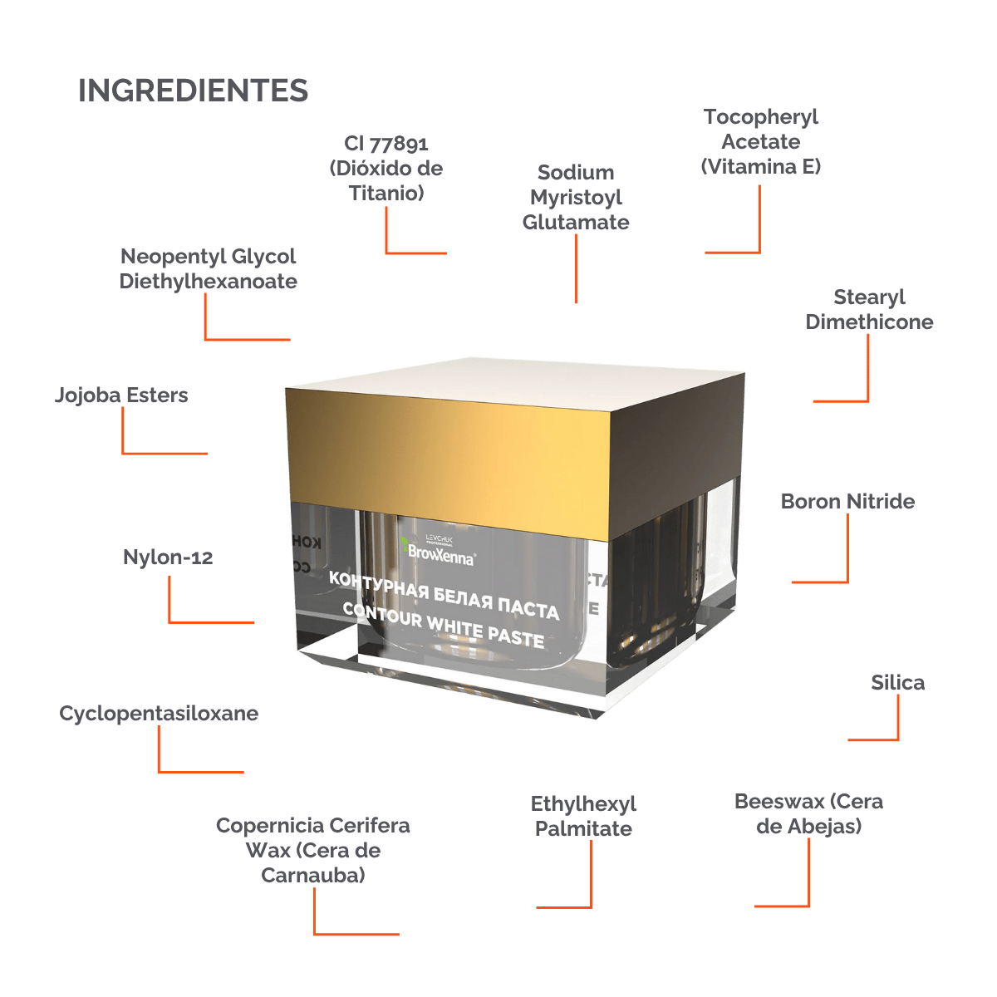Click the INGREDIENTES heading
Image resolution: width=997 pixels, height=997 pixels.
coord(193,91)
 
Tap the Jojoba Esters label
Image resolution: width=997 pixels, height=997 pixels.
coord(121,395)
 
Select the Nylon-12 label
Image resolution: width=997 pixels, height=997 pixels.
coord(168,557)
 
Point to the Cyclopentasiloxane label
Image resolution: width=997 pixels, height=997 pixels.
coord(159,714)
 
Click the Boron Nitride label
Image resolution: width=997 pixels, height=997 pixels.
coord(847,502)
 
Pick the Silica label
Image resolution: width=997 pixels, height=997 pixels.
coord(897,683)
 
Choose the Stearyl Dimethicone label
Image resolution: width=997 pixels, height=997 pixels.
coord(869,309)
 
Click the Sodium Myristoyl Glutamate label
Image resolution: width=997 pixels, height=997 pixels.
coord(576,198)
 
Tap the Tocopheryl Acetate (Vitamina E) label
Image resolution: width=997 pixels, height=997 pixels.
coord(761,141)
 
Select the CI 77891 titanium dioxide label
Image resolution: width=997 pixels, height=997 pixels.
coord(386,169)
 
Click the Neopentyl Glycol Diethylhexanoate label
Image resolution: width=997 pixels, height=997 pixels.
coord(208,268)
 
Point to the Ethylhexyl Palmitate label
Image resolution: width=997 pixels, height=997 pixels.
coord(583,816)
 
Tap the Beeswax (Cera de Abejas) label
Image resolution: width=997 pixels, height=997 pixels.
coord(808,813)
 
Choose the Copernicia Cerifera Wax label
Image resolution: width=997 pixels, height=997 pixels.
coord(313,850)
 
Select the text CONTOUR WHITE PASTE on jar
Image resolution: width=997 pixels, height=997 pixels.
coord(444,625)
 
